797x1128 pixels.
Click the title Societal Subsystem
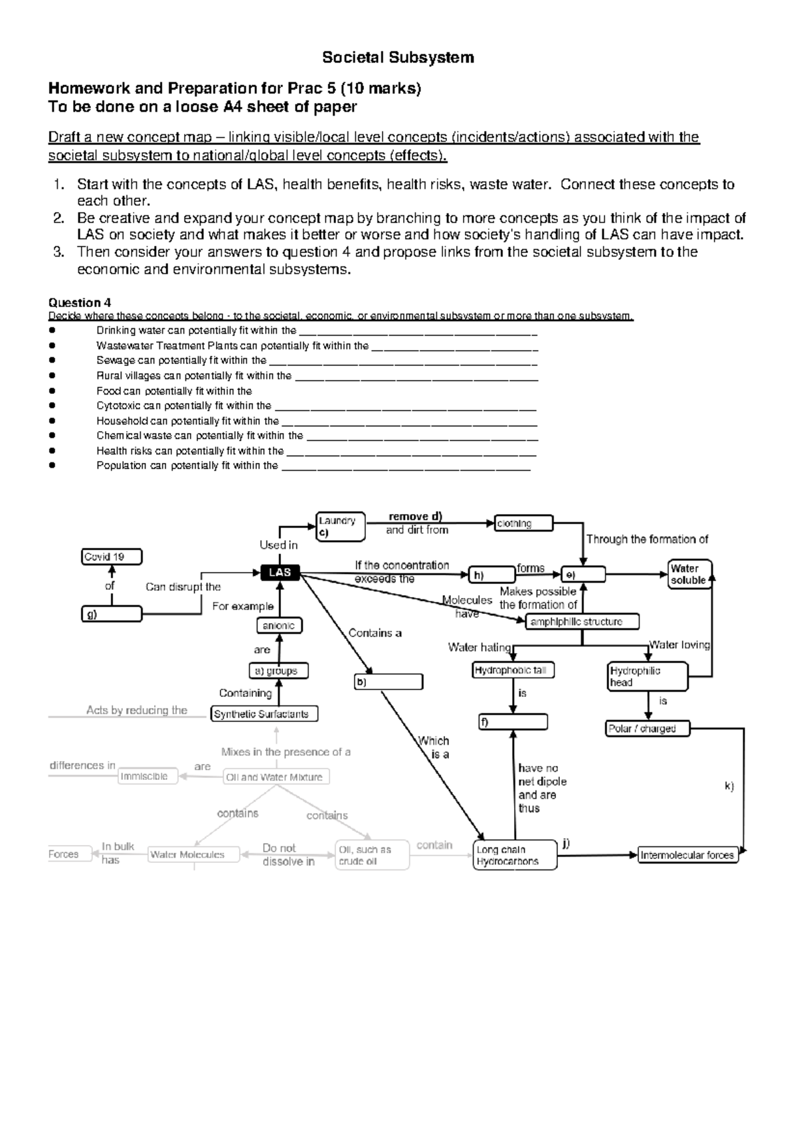click(398, 58)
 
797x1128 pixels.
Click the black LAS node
click(280, 572)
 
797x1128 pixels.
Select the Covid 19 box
click(112, 557)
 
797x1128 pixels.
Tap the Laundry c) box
click(341, 527)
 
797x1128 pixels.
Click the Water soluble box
click(689, 574)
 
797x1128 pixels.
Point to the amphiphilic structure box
click(582, 622)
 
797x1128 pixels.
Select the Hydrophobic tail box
click(513, 670)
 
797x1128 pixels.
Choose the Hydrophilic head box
click(647, 676)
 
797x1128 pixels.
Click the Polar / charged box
click(648, 729)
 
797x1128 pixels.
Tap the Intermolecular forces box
click(687, 855)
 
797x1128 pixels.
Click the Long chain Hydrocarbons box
click(515, 855)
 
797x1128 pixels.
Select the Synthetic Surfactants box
click(264, 714)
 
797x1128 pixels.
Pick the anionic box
click(280, 625)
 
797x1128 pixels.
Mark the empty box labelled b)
click(389, 682)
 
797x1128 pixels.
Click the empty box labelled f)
click(513, 722)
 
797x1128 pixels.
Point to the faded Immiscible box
click(148, 776)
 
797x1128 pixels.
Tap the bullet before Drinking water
click(52, 330)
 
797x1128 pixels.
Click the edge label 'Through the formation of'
click(647, 539)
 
